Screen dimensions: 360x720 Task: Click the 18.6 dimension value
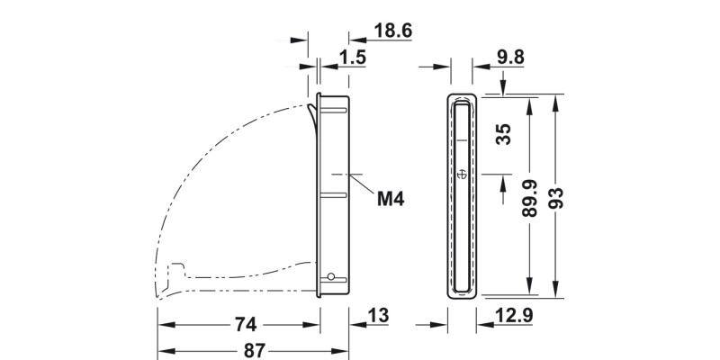pos(392,31)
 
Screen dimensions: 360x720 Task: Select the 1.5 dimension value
pos(352,58)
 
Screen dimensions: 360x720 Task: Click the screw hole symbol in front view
pos(461,174)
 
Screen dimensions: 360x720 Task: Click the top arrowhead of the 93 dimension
pos(554,99)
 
